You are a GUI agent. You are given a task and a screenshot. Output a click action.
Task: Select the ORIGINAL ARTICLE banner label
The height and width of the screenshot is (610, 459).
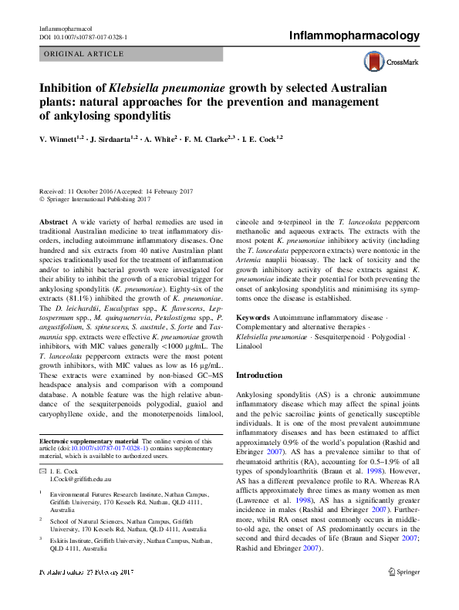pyautogui.click(x=84, y=54)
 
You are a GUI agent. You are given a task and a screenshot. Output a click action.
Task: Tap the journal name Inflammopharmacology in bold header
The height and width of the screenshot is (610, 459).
pyautogui.click(x=354, y=35)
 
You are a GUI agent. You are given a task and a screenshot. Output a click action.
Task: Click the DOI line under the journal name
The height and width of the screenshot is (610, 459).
pyautogui.click(x=83, y=36)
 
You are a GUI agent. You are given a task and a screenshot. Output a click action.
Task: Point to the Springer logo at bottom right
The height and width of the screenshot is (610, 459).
pyautogui.click(x=403, y=594)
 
